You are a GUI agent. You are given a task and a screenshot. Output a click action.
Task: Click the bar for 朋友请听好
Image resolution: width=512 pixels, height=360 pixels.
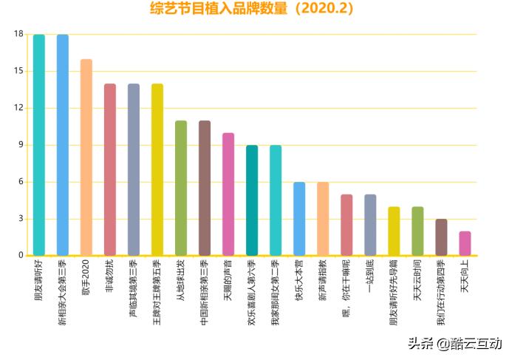pos(39,145)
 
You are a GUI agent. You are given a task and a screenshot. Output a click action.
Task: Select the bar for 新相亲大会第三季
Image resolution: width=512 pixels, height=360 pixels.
pos(63,145)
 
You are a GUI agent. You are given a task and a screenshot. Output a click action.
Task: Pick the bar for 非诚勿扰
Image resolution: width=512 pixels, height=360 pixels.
pos(110,169)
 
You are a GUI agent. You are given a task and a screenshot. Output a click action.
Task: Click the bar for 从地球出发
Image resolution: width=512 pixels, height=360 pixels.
pos(181,188)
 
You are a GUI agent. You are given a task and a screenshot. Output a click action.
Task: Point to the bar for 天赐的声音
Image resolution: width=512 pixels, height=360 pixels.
pos(228,194)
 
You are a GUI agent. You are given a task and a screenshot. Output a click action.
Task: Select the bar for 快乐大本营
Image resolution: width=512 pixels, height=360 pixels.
pos(299,219)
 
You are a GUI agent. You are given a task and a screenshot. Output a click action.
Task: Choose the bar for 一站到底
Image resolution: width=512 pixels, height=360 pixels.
pos(370,225)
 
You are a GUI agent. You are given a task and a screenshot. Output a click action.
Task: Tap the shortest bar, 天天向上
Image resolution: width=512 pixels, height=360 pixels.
pos(465,243)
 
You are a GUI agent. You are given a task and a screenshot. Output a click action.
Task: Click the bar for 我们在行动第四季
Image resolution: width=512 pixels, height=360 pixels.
pos(441,237)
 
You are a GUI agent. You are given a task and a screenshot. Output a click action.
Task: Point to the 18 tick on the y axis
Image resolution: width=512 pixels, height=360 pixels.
pos(18,34)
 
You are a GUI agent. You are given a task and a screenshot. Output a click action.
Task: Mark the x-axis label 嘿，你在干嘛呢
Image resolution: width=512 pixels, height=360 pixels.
pos(347,285)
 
